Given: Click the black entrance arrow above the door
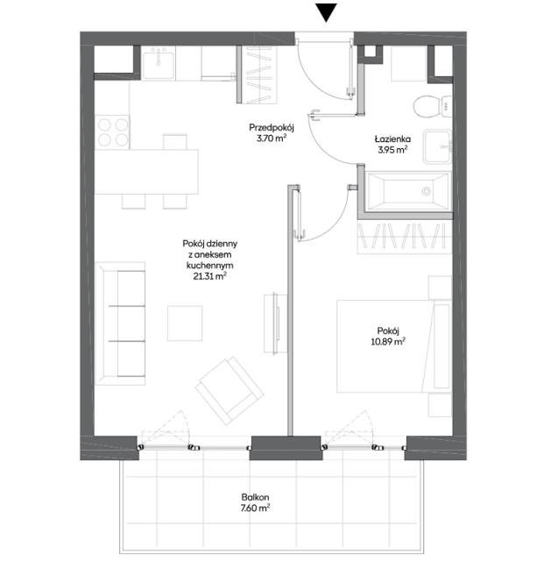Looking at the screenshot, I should coord(326,12).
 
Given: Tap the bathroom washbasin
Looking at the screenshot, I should coord(435,146).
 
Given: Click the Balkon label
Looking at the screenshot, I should coord(257,495).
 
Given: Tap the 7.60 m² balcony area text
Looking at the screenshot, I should coord(257,508).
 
